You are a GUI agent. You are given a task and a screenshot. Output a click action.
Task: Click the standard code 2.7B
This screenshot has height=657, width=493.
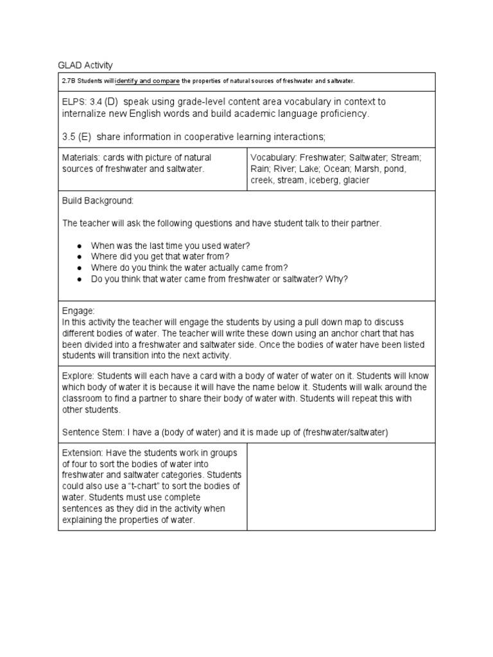click(x=69, y=81)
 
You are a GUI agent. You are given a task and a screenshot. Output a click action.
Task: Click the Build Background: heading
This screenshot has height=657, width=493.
click(x=98, y=201)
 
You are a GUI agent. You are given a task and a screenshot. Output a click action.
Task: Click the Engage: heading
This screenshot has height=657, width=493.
click(x=78, y=311)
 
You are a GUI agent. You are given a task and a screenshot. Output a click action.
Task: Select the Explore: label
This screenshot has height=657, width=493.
click(x=78, y=375)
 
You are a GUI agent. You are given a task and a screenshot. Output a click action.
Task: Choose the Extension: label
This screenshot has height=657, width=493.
click(x=83, y=452)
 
